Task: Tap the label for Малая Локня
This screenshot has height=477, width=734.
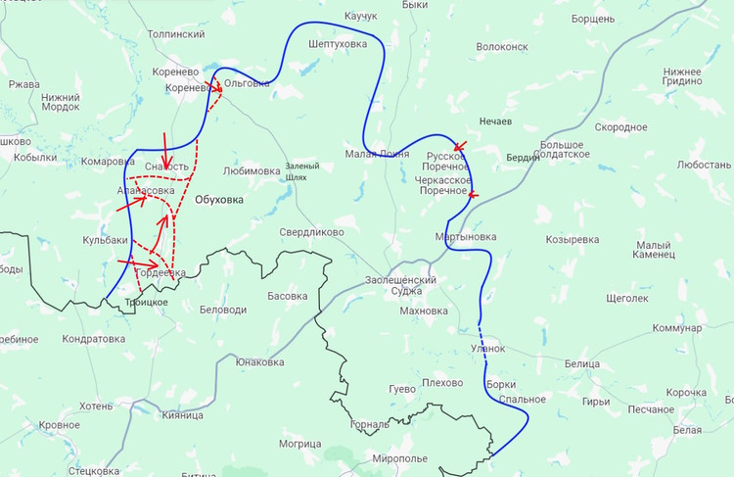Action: (x=377, y=154)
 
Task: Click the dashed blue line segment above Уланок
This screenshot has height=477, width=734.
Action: (x=481, y=328)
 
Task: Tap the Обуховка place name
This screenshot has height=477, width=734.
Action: (x=219, y=200)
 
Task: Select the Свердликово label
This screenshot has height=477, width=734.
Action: (x=311, y=233)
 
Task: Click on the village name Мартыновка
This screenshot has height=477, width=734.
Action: (x=465, y=237)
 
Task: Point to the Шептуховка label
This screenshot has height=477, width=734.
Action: (x=337, y=44)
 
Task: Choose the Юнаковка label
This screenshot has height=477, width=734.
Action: (x=260, y=361)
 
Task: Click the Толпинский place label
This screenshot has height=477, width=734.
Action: (x=175, y=34)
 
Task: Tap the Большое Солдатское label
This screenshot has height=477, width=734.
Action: (x=563, y=148)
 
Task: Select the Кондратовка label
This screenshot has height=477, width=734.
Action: (x=93, y=339)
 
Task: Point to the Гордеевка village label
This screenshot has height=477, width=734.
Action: (x=160, y=273)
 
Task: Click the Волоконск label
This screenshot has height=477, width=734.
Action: (x=501, y=46)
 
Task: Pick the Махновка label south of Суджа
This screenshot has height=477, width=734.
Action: (x=424, y=311)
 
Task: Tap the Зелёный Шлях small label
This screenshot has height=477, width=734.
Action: (x=302, y=171)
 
